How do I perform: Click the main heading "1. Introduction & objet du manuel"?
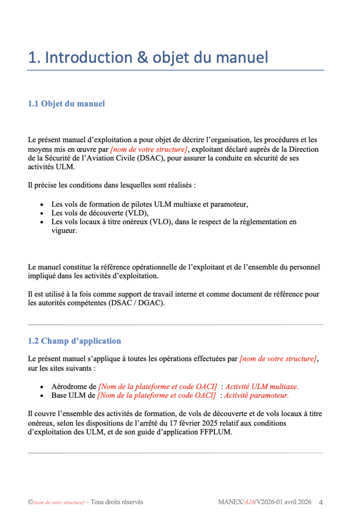point(148,58)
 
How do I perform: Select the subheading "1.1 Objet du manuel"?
point(66,104)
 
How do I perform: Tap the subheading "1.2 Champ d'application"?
point(74,341)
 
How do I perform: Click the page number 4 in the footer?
point(321,502)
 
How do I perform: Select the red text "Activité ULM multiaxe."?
point(262,386)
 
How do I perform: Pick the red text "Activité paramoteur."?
point(256,395)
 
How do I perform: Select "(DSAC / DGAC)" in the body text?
point(140,303)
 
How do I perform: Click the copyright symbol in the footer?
point(30,502)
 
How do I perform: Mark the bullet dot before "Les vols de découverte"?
point(42,213)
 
